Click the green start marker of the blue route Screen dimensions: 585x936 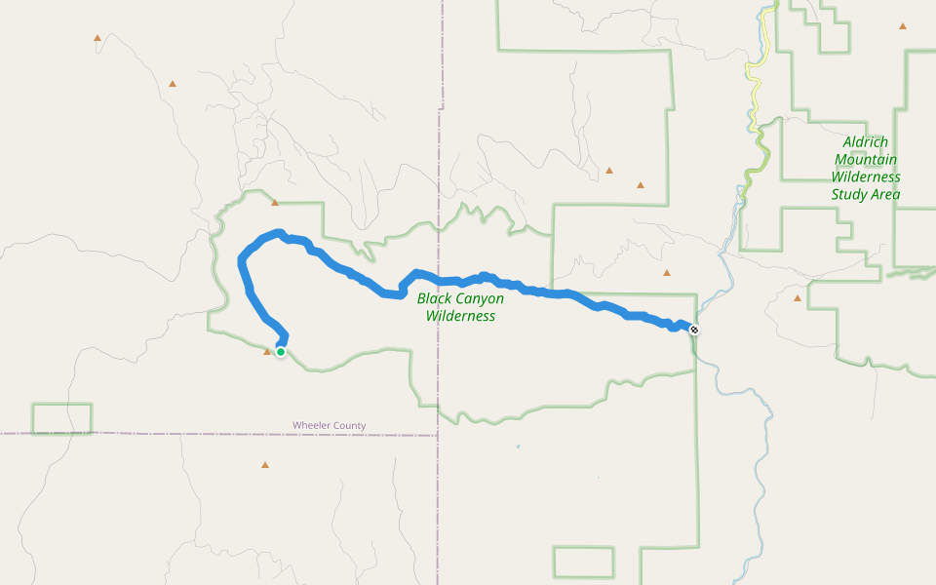[281, 351]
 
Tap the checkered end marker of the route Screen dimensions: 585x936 [694, 330]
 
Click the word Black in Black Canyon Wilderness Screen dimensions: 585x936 [435, 298]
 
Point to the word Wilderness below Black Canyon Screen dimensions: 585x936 [460, 316]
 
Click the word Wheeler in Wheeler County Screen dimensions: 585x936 [312, 425]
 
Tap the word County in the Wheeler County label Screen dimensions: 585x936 [349, 425]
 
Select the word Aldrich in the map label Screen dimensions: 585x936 [865, 142]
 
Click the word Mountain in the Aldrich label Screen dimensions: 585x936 [866, 160]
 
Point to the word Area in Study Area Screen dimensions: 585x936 [885, 195]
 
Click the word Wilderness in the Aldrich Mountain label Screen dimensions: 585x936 [866, 177]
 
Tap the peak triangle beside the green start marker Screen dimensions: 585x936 [267, 351]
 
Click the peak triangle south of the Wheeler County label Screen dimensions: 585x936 [264, 464]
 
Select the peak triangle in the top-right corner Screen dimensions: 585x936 [903, 25]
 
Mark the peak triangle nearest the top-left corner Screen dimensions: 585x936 [97, 38]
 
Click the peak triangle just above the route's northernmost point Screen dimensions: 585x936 [275, 203]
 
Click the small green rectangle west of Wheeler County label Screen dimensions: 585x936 [61, 418]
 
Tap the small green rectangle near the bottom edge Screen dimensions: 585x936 [583, 562]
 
